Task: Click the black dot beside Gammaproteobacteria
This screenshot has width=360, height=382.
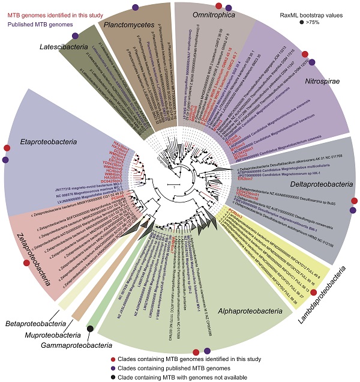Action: [x=90, y=328]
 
